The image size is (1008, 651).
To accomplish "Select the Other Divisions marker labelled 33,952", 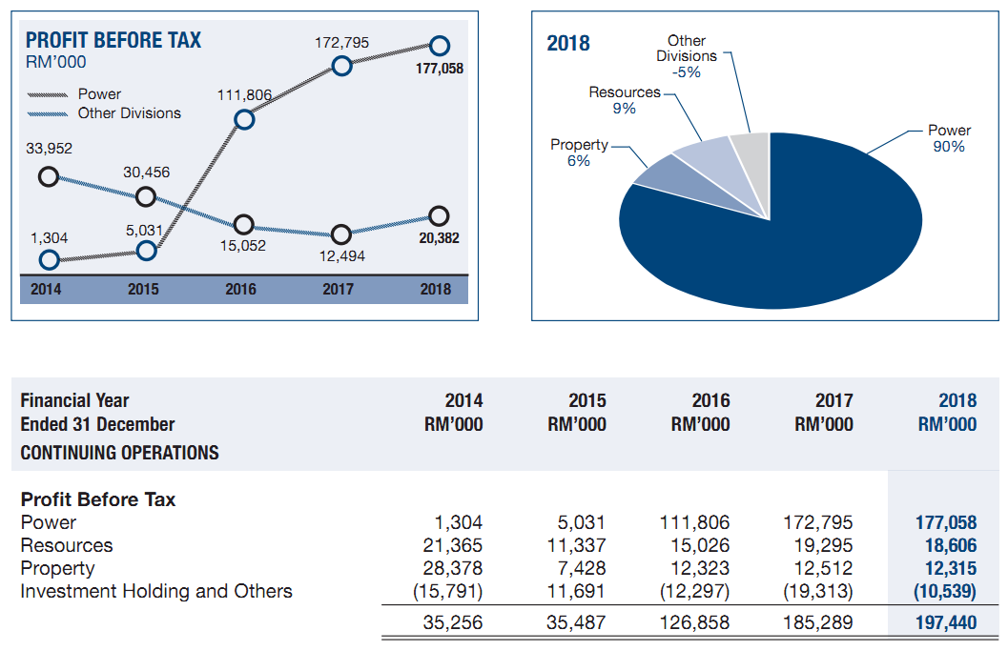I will click(47, 176).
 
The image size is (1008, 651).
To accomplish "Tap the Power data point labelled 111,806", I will click(245, 119).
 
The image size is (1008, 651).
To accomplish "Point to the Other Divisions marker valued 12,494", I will click(341, 235).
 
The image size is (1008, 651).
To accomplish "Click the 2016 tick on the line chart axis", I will click(240, 290).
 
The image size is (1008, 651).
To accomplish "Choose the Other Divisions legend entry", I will click(129, 113).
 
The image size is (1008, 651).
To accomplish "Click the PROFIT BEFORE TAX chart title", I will click(113, 41).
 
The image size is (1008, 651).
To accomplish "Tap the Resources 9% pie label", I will click(625, 100).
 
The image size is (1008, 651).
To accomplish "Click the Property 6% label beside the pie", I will click(579, 153).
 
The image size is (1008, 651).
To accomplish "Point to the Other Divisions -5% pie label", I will click(687, 56).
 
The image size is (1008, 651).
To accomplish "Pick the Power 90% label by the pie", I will click(949, 138).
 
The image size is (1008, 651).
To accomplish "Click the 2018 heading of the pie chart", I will click(568, 44).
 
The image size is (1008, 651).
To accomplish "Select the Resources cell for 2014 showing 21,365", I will click(453, 545).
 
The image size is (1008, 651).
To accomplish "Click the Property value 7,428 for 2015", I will click(582, 568).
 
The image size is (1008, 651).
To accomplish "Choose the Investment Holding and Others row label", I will click(156, 591).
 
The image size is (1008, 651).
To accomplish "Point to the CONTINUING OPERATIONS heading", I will click(120, 453).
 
